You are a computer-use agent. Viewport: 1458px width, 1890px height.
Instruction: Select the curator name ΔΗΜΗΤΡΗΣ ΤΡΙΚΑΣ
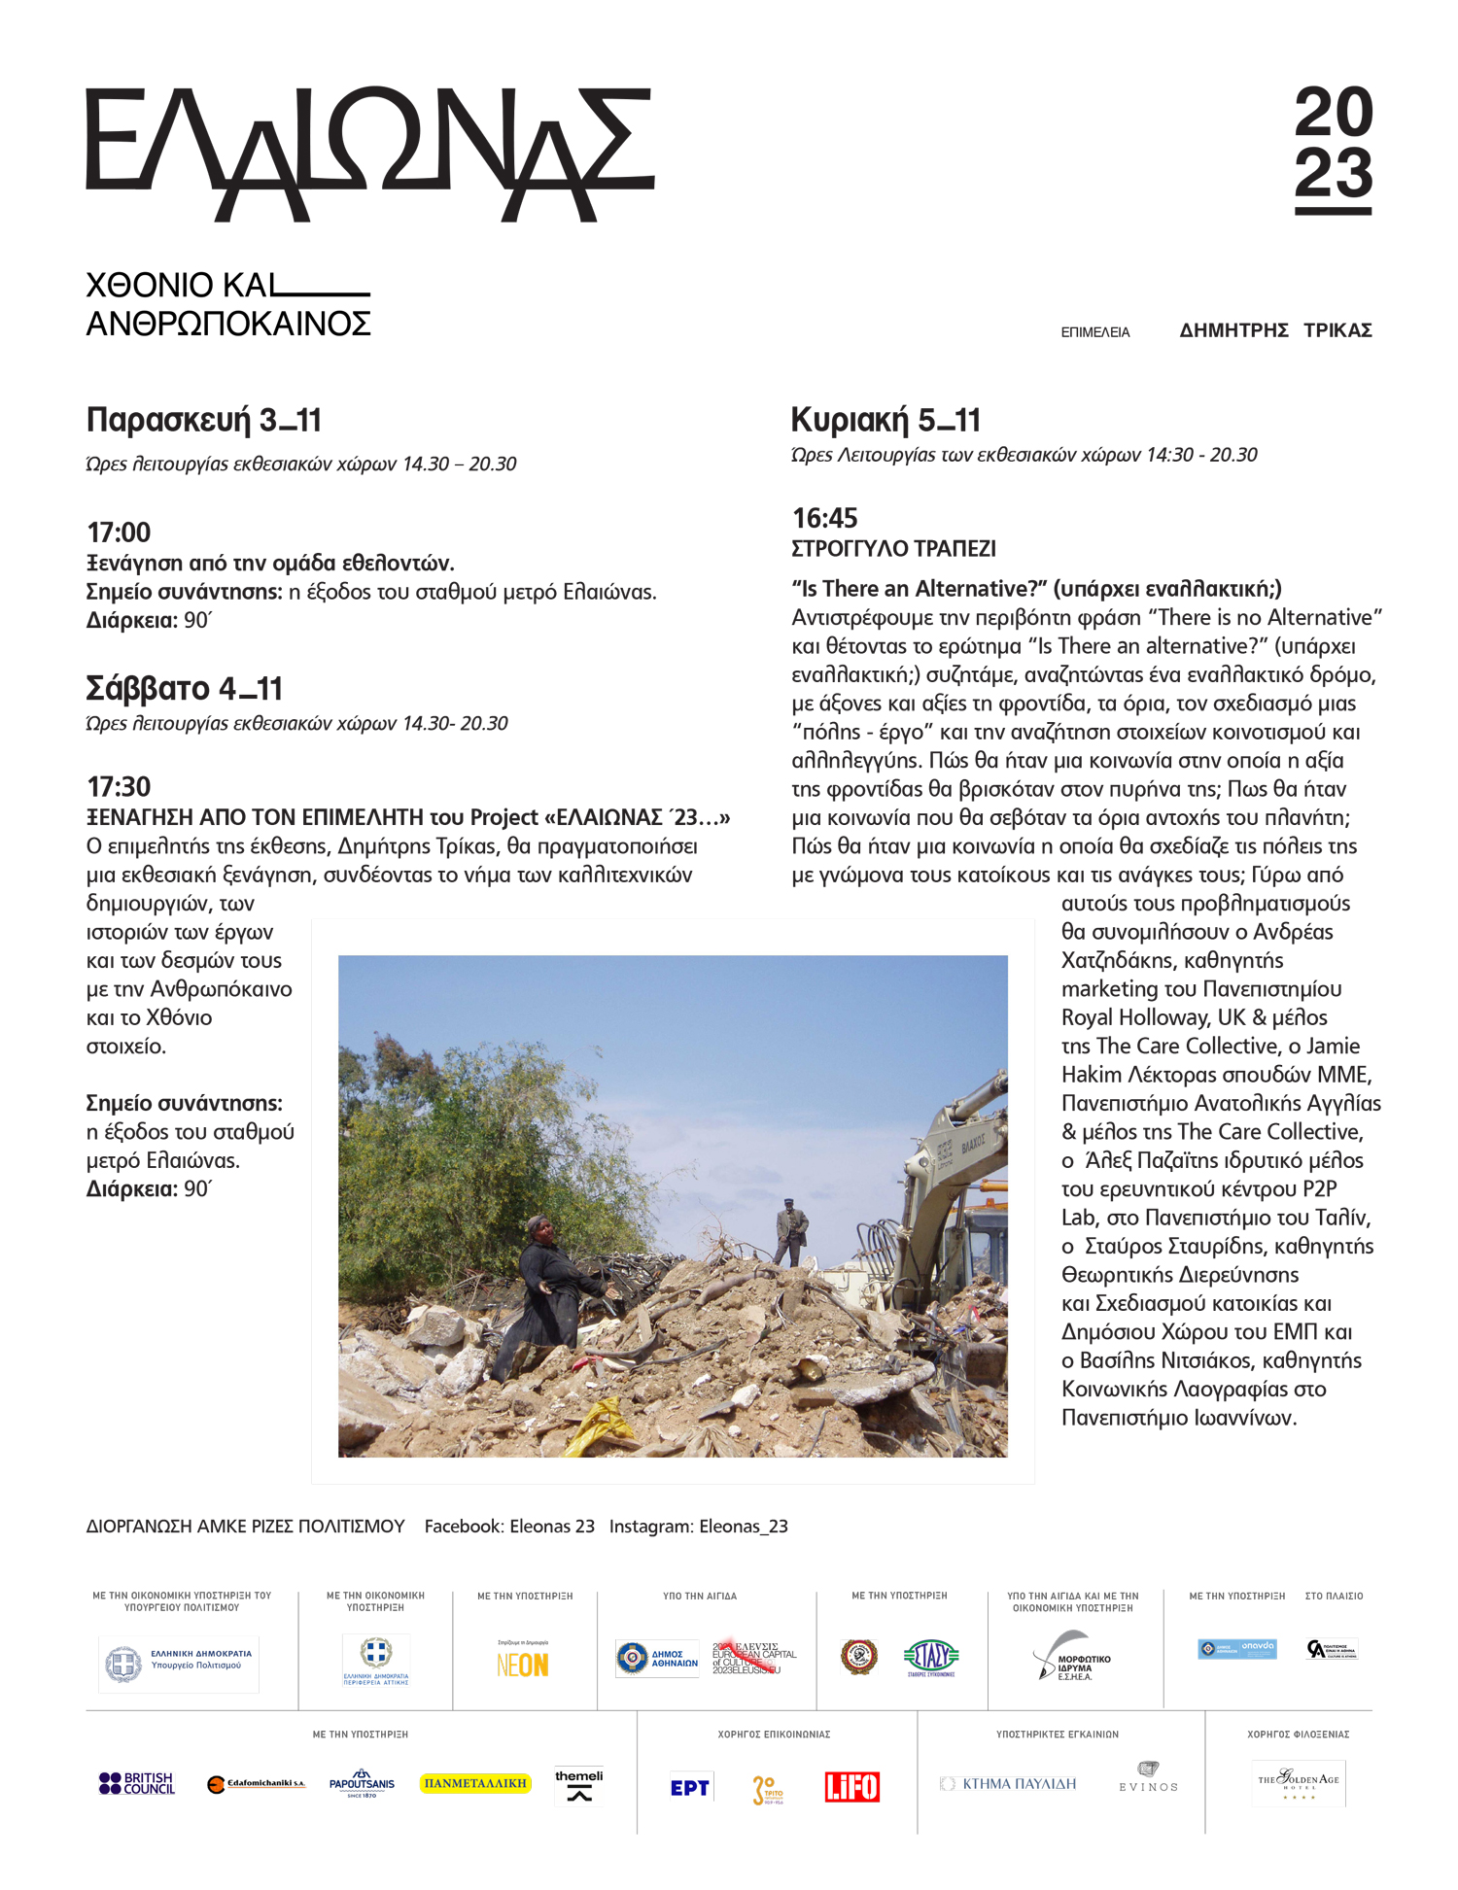click(x=1275, y=330)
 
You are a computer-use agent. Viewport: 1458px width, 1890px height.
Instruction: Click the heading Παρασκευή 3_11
click(x=203, y=420)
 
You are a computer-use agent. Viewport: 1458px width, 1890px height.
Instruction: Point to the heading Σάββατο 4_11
click(x=184, y=689)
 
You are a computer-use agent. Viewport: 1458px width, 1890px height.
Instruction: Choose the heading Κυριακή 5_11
click(x=885, y=420)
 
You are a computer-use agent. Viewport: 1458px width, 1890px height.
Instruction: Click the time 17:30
click(x=119, y=786)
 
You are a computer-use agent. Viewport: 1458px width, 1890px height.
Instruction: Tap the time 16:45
click(x=824, y=518)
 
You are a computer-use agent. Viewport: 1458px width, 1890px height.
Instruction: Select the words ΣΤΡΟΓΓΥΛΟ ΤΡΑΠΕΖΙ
click(x=893, y=549)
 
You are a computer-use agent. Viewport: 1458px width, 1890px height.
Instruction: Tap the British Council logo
click(x=137, y=1783)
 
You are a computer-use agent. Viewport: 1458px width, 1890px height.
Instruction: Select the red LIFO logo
click(x=851, y=1786)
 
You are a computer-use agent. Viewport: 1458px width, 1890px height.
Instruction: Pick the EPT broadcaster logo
click(x=689, y=1787)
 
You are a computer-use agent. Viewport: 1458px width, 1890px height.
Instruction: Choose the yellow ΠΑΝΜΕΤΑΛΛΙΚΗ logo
click(x=475, y=1783)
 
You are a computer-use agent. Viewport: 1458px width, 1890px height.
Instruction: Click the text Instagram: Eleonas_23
click(x=698, y=1527)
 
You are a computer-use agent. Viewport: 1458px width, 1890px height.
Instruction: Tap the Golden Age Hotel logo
click(x=1298, y=1783)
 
